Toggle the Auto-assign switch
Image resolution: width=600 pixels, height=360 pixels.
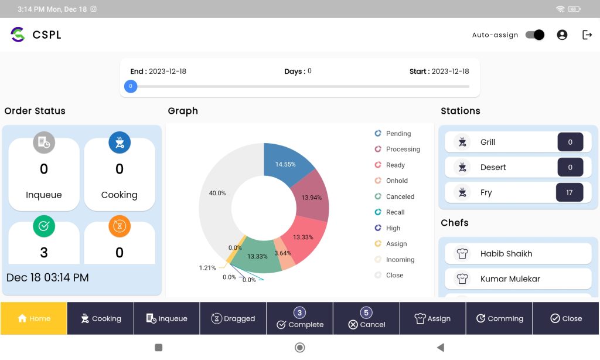[534, 35]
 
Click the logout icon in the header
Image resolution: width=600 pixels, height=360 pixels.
[587, 35]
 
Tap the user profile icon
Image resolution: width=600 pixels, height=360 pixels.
[562, 35]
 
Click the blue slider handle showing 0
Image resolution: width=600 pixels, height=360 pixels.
[131, 86]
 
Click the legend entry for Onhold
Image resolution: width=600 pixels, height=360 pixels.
[397, 181]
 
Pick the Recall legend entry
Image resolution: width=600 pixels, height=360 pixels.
[395, 212]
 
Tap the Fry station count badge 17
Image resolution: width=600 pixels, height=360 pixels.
[570, 192]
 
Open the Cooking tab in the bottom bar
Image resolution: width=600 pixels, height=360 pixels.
[100, 318]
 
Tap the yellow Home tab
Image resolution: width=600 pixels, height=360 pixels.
[33, 318]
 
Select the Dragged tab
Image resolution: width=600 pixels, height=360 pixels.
[233, 318]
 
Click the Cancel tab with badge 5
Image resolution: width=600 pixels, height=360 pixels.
[366, 318]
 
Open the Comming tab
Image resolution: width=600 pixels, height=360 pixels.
[499, 318]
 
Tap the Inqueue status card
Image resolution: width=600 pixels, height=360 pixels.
[44, 174]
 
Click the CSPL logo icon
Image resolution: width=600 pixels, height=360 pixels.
[18, 35]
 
